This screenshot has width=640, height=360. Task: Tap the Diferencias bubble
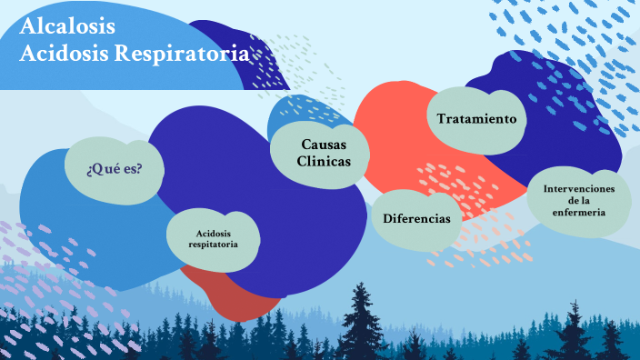click(x=416, y=220)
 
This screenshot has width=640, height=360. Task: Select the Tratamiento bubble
click(x=476, y=119)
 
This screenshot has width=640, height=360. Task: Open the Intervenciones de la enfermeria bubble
click(x=579, y=200)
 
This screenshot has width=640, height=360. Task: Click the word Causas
click(x=321, y=144)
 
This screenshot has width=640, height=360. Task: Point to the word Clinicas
click(x=321, y=161)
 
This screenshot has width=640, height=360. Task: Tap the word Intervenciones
click(x=579, y=188)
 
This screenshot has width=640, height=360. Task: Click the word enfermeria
click(x=579, y=213)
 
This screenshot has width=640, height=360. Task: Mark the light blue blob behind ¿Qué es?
click(x=55, y=209)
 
